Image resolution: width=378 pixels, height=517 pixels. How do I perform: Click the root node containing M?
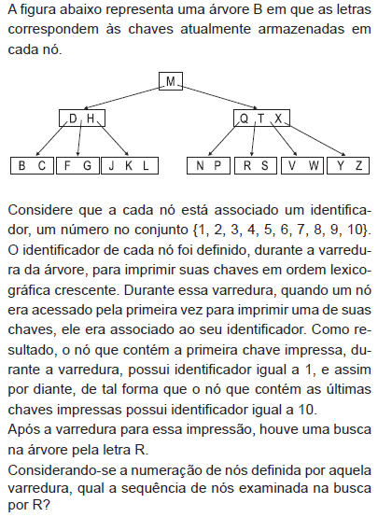tap(171, 81)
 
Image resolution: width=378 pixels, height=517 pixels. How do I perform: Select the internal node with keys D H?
tap(82, 118)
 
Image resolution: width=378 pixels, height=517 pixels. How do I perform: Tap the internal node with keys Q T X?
tap(262, 118)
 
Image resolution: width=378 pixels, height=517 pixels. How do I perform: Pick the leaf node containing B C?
tap(32, 165)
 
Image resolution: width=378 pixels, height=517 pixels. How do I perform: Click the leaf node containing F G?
tap(77, 165)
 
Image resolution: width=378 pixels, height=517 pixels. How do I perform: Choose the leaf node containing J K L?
tap(130, 165)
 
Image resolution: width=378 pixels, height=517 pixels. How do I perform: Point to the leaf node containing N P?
tap(208, 165)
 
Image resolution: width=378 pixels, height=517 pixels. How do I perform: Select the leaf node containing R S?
tap(256, 165)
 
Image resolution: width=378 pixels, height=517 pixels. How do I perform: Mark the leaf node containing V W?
tap(302, 165)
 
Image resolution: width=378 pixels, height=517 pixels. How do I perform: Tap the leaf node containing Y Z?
tap(348, 165)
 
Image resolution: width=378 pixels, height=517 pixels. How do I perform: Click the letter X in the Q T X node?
tap(278, 119)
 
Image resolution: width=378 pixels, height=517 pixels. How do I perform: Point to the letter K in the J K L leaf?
tap(129, 165)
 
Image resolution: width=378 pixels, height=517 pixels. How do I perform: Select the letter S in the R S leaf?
tap(264, 165)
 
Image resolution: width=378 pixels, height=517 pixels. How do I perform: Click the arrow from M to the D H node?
tap(121, 98)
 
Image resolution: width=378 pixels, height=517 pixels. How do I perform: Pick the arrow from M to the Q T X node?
tap(219, 98)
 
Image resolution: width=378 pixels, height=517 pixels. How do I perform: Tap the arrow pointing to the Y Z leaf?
tap(317, 140)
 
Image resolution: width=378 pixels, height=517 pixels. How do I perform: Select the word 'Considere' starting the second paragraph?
tap(39, 210)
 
